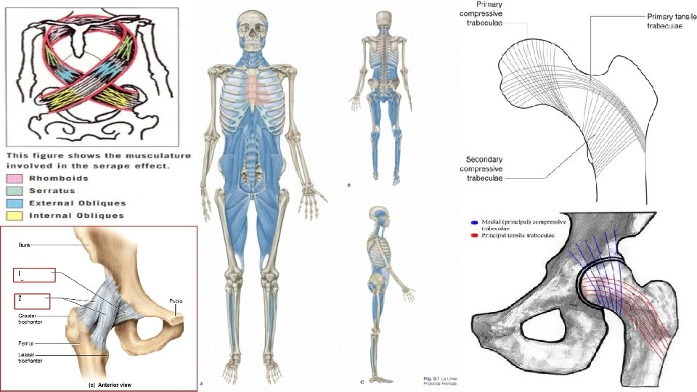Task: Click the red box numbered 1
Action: [34, 275]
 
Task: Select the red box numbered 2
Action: [31, 300]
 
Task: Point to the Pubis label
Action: [176, 301]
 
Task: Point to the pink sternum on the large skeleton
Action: [251, 86]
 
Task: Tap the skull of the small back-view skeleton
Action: [383, 21]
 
